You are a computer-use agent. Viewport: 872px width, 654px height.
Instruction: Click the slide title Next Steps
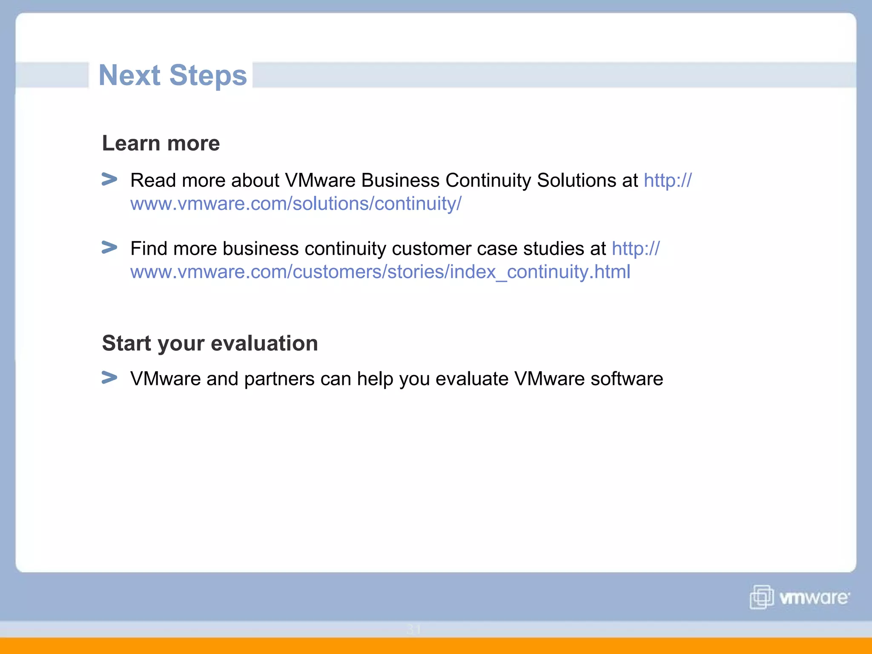(x=172, y=75)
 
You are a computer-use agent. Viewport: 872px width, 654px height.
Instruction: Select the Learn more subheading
(x=161, y=143)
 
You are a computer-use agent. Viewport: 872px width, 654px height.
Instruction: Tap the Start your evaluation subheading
(x=210, y=343)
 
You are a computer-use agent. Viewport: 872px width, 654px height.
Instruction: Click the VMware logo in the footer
(x=799, y=597)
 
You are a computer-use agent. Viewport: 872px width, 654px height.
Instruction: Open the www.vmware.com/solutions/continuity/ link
(x=295, y=204)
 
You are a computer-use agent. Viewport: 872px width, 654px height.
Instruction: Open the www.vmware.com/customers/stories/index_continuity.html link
(x=380, y=272)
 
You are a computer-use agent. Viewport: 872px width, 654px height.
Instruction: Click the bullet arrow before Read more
(x=109, y=179)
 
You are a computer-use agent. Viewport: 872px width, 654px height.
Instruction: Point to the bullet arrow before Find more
(x=109, y=247)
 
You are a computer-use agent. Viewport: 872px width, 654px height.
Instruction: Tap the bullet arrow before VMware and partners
(x=109, y=378)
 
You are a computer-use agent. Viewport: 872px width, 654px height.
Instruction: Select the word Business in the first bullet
(x=400, y=180)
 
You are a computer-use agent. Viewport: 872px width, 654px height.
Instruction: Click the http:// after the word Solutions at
(x=668, y=180)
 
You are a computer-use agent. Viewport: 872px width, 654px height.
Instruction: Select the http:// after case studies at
(x=636, y=249)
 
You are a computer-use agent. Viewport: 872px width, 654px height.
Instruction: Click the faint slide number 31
(x=413, y=629)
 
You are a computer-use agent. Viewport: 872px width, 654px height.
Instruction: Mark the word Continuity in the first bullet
(x=488, y=180)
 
